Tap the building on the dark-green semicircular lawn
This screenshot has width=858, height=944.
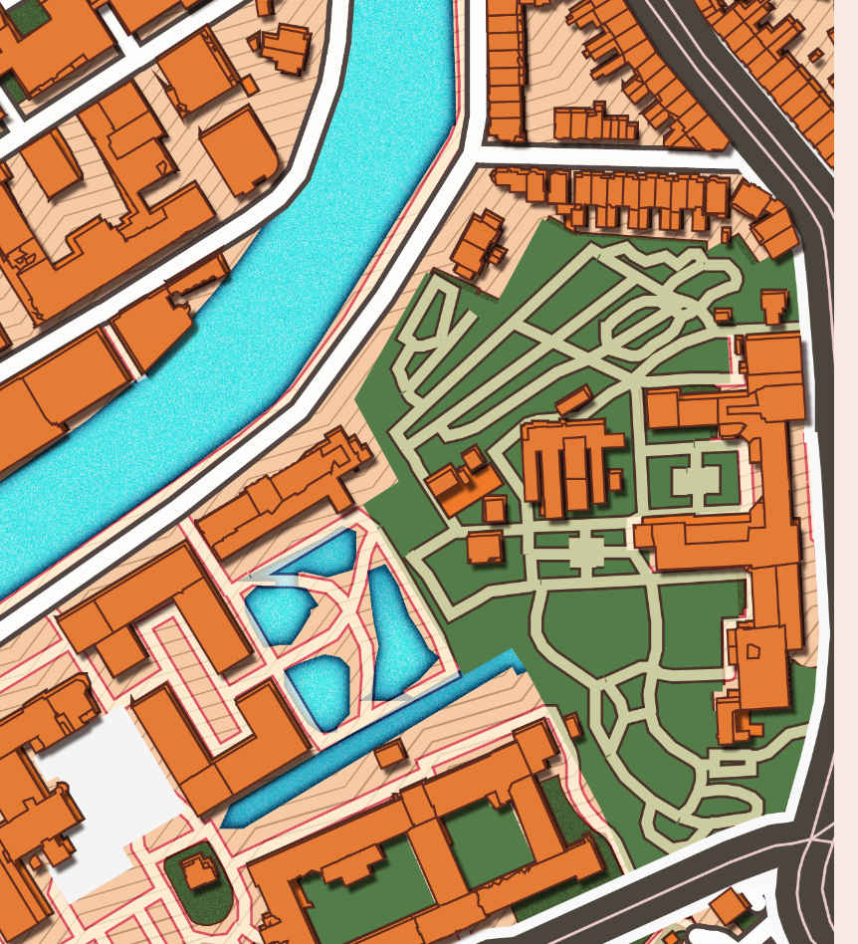(201, 873)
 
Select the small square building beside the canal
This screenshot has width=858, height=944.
(389, 752)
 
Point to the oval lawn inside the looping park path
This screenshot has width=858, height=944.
(643, 325)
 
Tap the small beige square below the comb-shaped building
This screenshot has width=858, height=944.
(585, 551)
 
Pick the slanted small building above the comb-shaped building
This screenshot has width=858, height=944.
(574, 401)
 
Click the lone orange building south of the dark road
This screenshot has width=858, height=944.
(730, 906)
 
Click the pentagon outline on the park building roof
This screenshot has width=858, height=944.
(752, 650)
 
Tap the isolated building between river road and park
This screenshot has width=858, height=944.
(478, 243)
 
